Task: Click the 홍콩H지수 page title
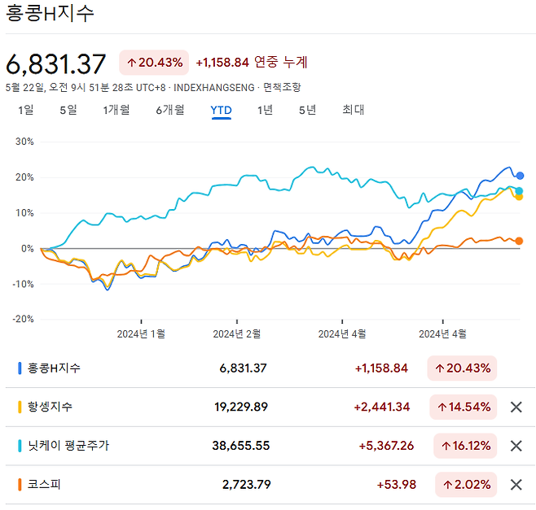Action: click(x=50, y=14)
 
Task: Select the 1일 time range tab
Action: click(x=26, y=110)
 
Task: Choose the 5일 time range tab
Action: click(x=68, y=110)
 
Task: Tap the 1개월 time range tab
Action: click(x=116, y=110)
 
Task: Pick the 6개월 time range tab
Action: click(x=170, y=110)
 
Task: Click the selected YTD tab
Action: click(x=221, y=110)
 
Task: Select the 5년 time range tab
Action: click(x=307, y=110)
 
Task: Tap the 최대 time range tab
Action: click(x=354, y=110)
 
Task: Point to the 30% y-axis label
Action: click(x=24, y=142)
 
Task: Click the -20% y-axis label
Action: click(x=22, y=319)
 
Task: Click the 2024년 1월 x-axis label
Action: click(x=141, y=333)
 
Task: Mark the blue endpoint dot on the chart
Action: click(x=520, y=176)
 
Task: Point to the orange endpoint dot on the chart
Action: click(x=519, y=241)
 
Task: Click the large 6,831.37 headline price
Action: click(x=56, y=63)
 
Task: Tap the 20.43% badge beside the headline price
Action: click(x=155, y=63)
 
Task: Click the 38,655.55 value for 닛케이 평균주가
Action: click(x=235, y=446)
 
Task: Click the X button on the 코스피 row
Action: click(x=516, y=485)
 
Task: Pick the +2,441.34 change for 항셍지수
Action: click(x=382, y=407)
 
